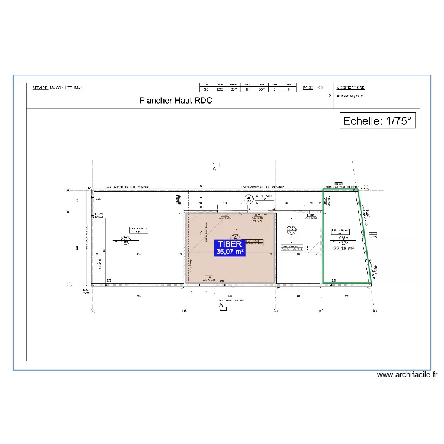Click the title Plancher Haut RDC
(x=176, y=101)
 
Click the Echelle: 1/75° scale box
(x=377, y=121)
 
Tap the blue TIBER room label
(x=230, y=247)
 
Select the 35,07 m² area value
(x=230, y=252)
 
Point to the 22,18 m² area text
(x=343, y=249)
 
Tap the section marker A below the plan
(x=221, y=305)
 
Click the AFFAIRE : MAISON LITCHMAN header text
(x=57, y=88)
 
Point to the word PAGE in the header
(x=307, y=88)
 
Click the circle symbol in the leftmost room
(x=126, y=240)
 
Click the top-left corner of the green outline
(x=323, y=190)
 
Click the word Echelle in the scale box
(x=362, y=121)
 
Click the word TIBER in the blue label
(x=230, y=243)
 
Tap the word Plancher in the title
(x=156, y=101)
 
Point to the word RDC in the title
(x=203, y=101)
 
